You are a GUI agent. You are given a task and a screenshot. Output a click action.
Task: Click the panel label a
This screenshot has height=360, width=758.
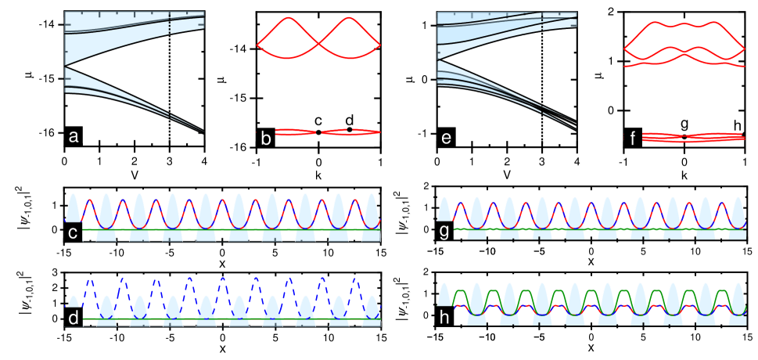[x=74, y=137]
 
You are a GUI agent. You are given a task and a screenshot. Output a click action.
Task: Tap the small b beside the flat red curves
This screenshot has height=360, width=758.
[x=266, y=139]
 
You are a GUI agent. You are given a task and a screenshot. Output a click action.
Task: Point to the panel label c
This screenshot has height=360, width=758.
[x=73, y=232]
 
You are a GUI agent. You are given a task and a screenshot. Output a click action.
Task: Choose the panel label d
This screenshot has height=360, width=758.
[x=73, y=319]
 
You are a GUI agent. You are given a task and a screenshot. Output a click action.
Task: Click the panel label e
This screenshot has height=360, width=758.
[x=446, y=139]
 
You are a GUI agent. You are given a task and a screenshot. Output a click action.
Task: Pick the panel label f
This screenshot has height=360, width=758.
[x=631, y=139]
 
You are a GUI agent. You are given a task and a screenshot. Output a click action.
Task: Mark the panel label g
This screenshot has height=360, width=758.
[x=445, y=232]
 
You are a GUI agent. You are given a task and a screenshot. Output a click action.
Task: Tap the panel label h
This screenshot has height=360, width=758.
[x=445, y=319]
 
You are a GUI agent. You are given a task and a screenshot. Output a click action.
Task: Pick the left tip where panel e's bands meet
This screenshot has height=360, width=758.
[x=437, y=59]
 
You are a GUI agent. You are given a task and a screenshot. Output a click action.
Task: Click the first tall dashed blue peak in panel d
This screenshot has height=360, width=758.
[x=90, y=280]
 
